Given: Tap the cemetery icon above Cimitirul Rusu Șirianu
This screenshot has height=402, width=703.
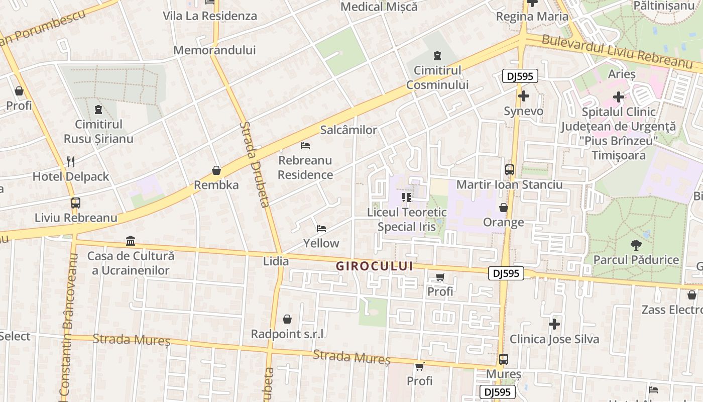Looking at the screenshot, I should (98, 109).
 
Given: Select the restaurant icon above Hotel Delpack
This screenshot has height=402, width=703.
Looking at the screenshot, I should (71, 161).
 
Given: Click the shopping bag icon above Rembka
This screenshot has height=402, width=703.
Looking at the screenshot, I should (216, 170).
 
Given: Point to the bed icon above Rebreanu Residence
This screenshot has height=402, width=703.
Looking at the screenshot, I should (305, 146).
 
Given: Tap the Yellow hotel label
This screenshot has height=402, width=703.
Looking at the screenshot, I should (321, 243).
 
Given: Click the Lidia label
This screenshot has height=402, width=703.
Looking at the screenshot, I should (276, 261).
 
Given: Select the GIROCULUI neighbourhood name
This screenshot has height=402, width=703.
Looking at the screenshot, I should (375, 266).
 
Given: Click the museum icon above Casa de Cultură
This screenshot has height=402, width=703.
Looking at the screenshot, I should (131, 241).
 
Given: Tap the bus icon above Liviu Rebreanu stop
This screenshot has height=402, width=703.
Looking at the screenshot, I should (75, 203).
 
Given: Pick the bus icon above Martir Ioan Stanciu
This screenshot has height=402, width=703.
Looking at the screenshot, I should (509, 170).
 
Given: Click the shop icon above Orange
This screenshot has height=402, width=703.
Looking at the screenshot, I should (503, 208).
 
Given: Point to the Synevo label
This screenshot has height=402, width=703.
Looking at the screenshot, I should (523, 111).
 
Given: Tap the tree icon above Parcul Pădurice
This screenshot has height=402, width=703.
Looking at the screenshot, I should (636, 245).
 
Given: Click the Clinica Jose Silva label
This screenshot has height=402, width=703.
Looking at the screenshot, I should (554, 339).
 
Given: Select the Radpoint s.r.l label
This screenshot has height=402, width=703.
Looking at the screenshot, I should (287, 334).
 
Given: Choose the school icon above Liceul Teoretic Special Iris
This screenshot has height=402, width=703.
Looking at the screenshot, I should (407, 197).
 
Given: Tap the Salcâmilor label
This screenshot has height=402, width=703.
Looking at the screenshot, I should (348, 130).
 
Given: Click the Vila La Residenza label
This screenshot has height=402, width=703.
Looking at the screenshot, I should (210, 16).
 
